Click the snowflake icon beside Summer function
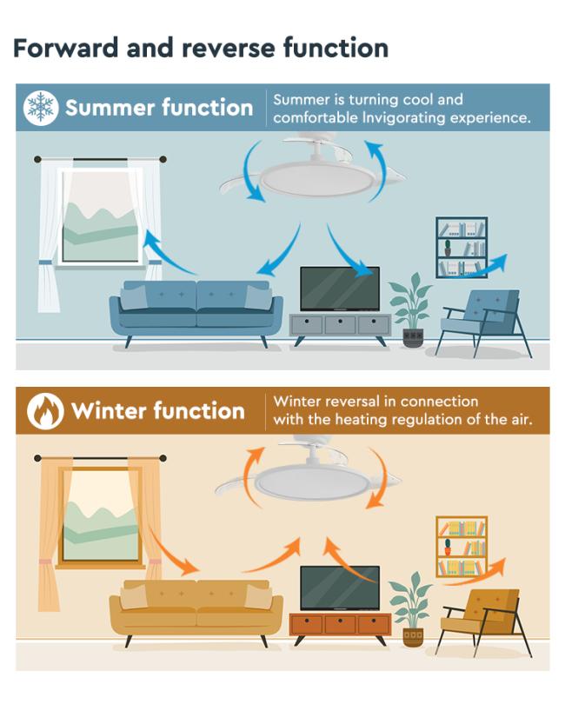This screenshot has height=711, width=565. click(41, 108)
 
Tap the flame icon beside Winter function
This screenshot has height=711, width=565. click(45, 411)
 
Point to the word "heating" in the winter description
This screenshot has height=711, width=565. click(361, 420)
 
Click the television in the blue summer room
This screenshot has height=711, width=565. click(340, 289)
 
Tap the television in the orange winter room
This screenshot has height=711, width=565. click(340, 588)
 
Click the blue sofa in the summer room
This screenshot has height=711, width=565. click(196, 313)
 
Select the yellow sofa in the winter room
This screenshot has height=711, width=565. click(196, 612)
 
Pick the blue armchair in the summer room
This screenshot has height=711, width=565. click(483, 321)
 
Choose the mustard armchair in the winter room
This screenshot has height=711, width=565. click(483, 621)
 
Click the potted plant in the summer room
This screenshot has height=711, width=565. click(411, 309)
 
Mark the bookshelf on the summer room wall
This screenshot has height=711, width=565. click(462, 247)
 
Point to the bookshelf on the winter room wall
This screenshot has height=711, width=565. click(462, 547)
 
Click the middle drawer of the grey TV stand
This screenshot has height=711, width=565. click(340, 325)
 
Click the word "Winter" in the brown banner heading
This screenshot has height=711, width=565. click(109, 411)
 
